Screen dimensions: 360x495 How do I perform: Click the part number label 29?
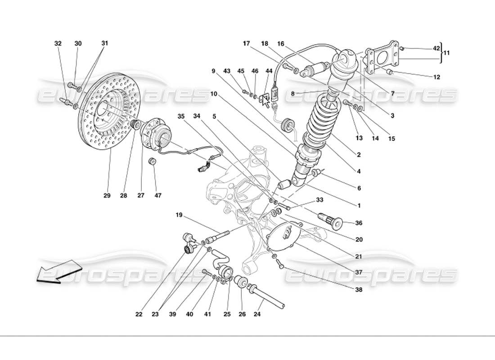107,196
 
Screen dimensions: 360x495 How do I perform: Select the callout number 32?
58,44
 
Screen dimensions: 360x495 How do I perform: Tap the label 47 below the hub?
158,196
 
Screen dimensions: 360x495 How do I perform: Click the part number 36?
359,223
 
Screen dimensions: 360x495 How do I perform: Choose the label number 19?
180,215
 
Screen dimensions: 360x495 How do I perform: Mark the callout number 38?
359,290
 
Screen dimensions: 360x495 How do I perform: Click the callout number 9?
214,71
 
